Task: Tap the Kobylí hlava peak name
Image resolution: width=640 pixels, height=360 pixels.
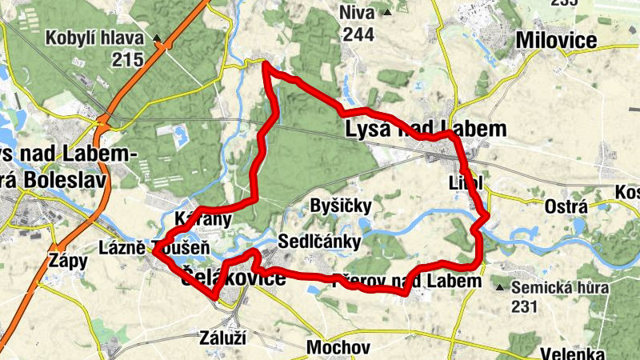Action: point(94,38)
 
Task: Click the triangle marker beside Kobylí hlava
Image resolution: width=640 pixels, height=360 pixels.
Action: point(158,38)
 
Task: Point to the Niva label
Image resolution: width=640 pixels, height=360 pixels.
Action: point(357,13)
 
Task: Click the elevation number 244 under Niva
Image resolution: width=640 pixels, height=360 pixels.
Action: point(358,34)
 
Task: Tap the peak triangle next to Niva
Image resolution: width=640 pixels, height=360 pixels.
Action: point(387,13)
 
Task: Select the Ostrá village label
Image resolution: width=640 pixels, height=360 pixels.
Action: point(566,206)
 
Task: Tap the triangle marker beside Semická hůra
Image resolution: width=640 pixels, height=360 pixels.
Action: point(500,287)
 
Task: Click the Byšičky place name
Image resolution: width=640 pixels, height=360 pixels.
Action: point(340,206)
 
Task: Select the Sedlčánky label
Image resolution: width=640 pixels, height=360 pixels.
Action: point(320,242)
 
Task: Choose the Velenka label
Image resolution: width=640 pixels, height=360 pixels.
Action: point(572,353)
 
